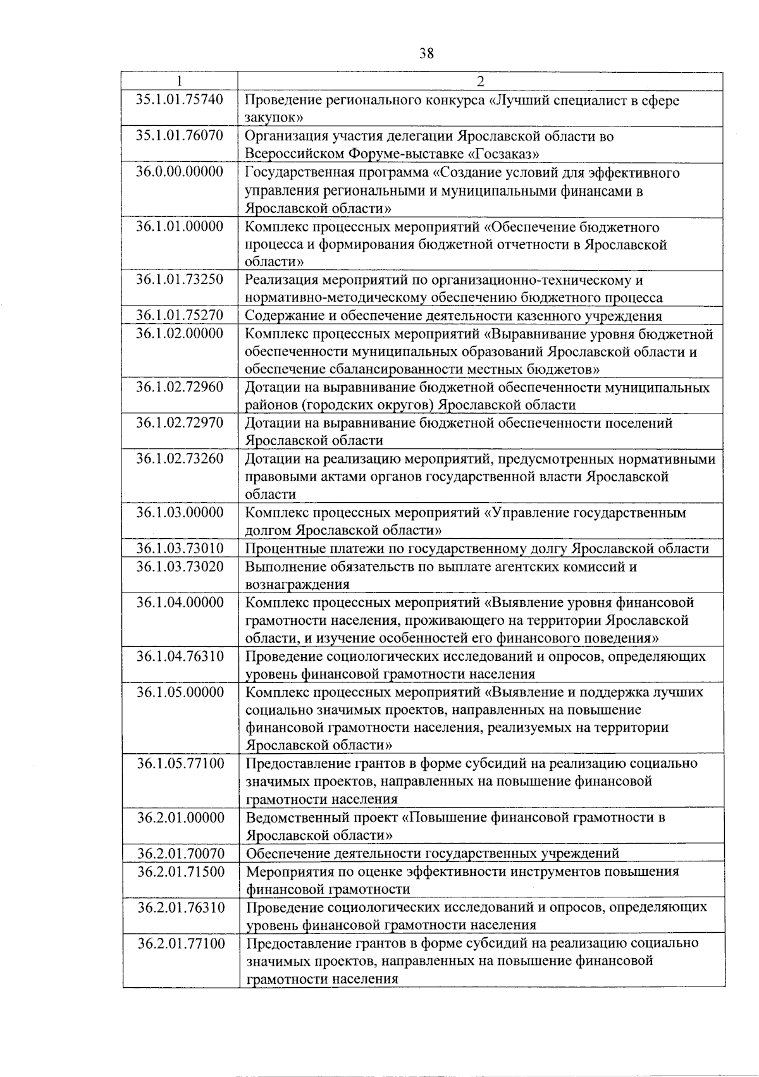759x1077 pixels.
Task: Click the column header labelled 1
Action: coord(180,82)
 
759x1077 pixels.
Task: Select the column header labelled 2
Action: coord(481,82)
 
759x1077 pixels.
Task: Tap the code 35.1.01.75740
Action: coord(180,100)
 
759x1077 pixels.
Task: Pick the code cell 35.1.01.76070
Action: coord(180,136)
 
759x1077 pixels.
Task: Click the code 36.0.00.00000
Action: coord(180,173)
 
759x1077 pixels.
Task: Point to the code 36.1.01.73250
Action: coord(180,280)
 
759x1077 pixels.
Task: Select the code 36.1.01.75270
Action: coord(180,316)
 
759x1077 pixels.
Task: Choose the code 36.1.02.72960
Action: coord(180,387)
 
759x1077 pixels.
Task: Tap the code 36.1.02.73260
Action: coord(180,458)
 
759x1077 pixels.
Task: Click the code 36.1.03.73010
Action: coord(180,548)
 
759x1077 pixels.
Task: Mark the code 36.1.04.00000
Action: coord(180,603)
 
